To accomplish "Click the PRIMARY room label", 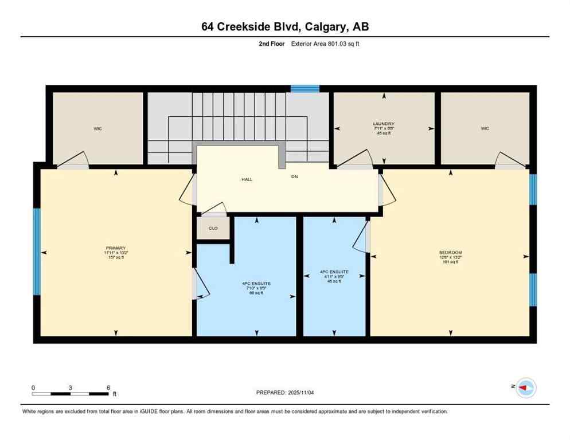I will tap(115, 248).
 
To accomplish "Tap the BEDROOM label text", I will tap(450, 253).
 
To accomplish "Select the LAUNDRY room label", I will tap(384, 124).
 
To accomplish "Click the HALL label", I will tap(247, 179).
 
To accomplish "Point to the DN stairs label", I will tap(294, 176).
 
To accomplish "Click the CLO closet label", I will tap(213, 228).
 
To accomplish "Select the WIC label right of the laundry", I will tap(485, 128).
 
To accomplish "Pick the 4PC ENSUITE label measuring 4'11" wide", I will tap(334, 272).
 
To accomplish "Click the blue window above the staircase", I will tap(304, 88).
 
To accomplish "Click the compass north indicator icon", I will tap(525, 388).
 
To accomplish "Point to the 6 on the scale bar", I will tap(108, 387).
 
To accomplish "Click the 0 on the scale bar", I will tap(33, 387).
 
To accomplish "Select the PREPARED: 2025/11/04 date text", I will tap(285, 392).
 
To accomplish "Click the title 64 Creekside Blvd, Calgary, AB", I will tap(285, 26).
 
